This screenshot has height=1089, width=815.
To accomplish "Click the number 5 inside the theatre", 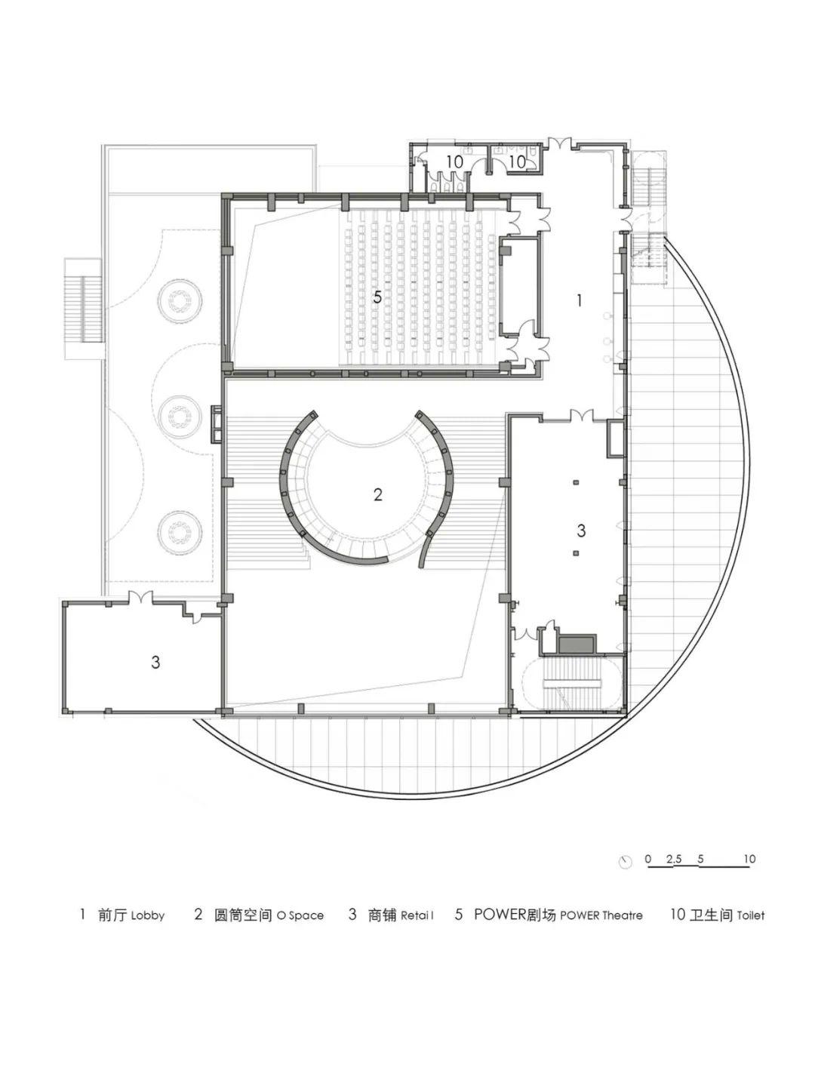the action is (377, 297).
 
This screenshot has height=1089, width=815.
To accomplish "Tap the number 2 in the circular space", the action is (378, 494).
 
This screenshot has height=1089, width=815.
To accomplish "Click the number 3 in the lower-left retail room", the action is (155, 662).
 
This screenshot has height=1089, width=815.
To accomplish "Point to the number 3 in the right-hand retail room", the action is (581, 531).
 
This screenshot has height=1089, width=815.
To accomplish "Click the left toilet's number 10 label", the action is (455, 162).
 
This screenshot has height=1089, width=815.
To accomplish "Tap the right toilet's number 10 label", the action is (518, 162).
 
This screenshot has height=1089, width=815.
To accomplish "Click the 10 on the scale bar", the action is (749, 859).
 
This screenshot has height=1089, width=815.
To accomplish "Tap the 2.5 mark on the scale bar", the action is (674, 859).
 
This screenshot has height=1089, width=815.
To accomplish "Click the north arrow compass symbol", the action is (626, 862).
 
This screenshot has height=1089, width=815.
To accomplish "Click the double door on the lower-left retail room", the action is (141, 597).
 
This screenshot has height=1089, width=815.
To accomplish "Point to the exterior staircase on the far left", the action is (83, 308).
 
